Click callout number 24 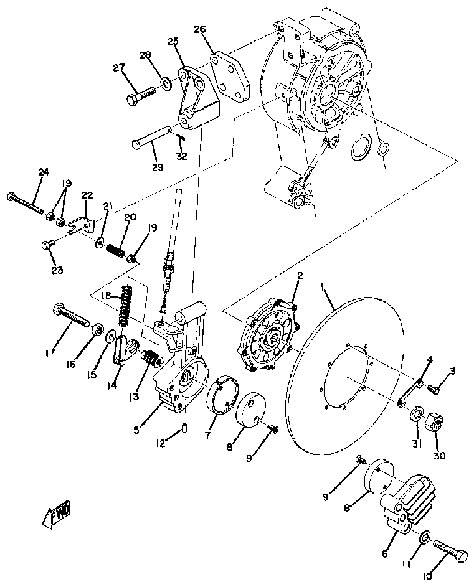tap(43, 172)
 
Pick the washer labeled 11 tap(424, 536)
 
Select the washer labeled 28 tap(166, 82)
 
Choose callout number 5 tap(136, 430)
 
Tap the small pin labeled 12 tap(184, 428)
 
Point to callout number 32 tap(181, 156)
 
